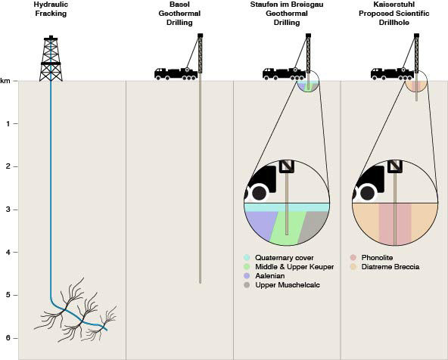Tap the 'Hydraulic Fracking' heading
point(51,9)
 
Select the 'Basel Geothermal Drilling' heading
point(179,14)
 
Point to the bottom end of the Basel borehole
point(200,283)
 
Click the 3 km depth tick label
point(8,209)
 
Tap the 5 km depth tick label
point(8,295)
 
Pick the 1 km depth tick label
point(8,123)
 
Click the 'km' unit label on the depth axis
point(5,81)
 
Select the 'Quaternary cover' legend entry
point(278,257)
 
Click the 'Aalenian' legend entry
point(264,276)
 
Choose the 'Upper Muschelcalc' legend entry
point(282,285)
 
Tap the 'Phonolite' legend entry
point(372,257)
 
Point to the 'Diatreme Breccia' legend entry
point(385,267)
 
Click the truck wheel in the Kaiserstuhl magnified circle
point(368,193)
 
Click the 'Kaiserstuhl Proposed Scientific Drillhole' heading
point(394,14)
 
